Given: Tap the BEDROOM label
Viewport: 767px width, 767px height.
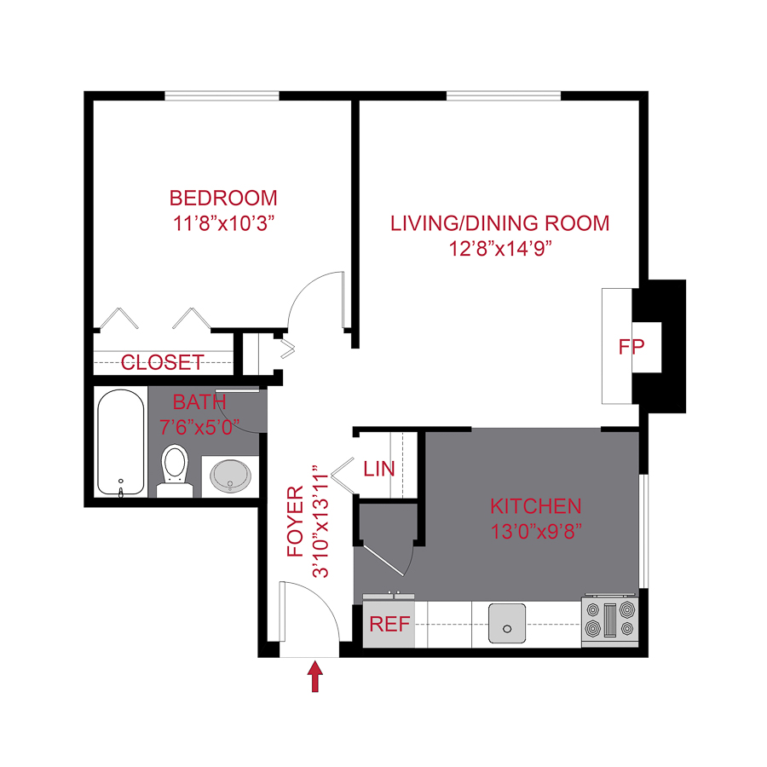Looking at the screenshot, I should point(223,199).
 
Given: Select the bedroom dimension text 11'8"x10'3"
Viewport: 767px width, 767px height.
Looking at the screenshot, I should point(223,223).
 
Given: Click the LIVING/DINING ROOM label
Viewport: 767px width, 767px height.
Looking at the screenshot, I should point(500,223).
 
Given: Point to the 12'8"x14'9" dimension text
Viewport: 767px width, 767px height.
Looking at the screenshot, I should point(500,249).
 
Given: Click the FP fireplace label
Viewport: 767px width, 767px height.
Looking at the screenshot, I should point(631,347).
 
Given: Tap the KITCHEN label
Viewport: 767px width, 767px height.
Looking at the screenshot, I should point(535,506).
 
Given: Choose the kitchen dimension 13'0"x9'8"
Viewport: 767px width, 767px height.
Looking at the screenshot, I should point(535,531).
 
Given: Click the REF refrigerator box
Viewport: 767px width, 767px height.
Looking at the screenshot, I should point(389,625).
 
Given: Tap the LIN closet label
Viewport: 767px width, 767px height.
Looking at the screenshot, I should point(378,469).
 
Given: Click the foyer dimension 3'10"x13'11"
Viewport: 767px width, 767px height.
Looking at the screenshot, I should point(321,522).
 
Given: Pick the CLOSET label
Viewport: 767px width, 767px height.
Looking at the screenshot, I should point(163,362).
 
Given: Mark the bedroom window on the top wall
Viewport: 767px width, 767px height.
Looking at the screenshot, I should point(222,95).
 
